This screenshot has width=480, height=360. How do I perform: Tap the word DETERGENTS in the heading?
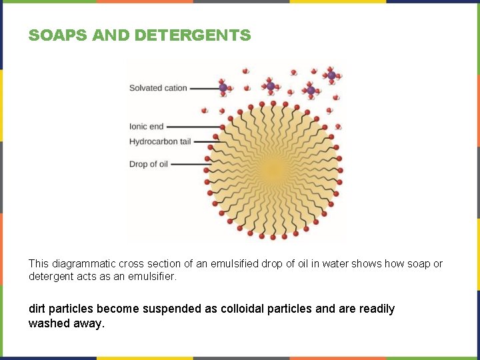(193, 35)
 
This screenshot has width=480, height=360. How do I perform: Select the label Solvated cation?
(158, 87)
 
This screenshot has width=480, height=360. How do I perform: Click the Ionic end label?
(146, 127)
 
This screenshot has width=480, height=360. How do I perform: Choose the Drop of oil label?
(149, 164)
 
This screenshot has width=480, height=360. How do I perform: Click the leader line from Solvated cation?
(204, 87)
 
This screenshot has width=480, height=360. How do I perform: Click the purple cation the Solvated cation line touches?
(223, 87)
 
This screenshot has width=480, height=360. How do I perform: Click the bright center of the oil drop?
(273, 171)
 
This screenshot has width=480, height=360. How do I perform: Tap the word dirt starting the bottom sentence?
(38, 309)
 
